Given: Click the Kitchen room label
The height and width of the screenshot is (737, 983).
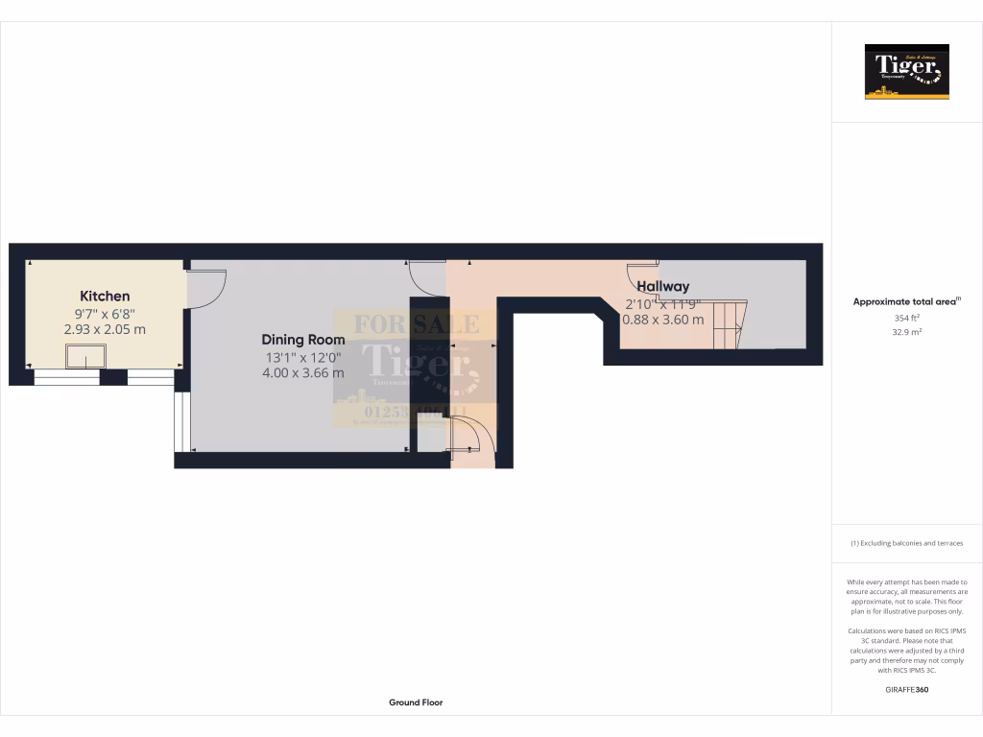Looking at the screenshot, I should click(105, 297).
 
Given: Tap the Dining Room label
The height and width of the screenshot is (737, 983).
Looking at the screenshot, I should click(303, 340).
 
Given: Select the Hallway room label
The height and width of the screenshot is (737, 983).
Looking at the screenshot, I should click(662, 286).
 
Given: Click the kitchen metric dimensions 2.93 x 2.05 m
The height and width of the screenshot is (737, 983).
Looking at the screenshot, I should click(105, 329).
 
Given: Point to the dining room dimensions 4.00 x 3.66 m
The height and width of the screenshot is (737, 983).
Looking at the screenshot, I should click(303, 372).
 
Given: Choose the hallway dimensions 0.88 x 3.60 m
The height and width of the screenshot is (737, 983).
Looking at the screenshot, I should click(663, 320).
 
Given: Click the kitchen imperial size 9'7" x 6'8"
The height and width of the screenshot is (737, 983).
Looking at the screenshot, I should click(105, 313).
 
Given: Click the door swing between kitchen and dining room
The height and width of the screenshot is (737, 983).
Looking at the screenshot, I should click(205, 289).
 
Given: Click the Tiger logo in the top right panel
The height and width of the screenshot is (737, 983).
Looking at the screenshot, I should click(907, 72).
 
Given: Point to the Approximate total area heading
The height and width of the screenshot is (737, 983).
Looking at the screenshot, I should click(906, 301).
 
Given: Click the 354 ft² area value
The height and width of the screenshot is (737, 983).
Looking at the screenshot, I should click(907, 318).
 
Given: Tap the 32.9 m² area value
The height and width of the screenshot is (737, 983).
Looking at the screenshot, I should click(907, 332).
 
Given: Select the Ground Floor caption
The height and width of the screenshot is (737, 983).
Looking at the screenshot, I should click(416, 702).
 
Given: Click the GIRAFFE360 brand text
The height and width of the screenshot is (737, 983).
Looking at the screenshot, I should click(907, 689).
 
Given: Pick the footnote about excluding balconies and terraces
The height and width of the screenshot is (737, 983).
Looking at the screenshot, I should click(906, 543).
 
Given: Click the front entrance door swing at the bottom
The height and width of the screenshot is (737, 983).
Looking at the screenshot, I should click(474, 438).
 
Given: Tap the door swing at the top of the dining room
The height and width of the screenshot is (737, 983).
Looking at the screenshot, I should click(426, 278).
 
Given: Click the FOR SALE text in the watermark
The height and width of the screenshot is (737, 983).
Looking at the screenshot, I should click(416, 324).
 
